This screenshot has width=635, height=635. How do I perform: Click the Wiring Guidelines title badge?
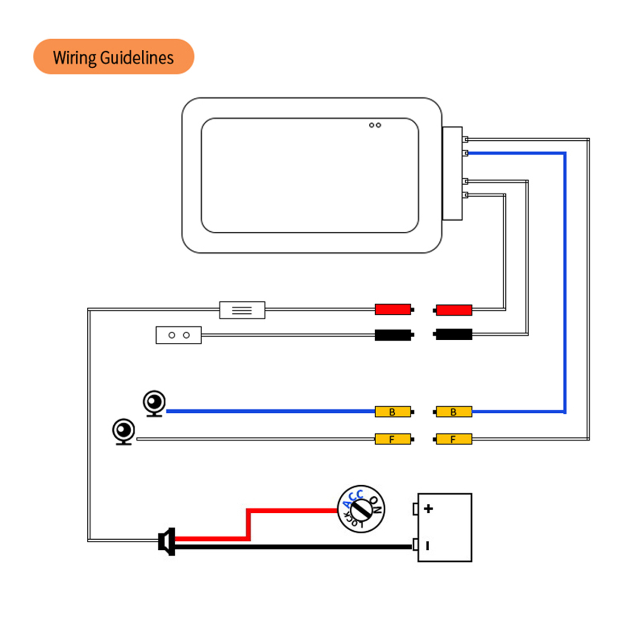coord(114,57)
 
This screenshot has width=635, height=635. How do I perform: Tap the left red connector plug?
coord(393,309)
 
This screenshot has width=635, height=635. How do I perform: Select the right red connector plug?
coord(453,310)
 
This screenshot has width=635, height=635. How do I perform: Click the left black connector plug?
coord(393,334)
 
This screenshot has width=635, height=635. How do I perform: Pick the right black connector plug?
coord(453,334)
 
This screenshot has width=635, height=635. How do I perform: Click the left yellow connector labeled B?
coord(393,412)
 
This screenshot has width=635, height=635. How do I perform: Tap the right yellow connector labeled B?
coord(453,412)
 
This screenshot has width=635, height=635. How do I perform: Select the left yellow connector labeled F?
coord(393,439)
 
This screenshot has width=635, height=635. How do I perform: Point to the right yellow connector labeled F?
coord(453,439)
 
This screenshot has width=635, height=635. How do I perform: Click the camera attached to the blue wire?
coord(155,403)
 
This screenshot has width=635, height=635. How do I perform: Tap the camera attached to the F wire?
coord(124,430)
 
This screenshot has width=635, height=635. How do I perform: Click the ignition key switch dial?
coord(361,509)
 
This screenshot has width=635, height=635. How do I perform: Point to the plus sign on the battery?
coord(429,509)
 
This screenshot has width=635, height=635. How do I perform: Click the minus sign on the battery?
coord(428,546)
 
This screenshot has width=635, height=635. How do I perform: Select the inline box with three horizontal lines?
coord(242,310)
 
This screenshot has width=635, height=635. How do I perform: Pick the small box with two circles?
coord(178,335)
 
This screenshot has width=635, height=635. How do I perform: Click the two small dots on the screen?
coord(375,125)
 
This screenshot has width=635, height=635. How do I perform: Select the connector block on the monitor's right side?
coord(452,173)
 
